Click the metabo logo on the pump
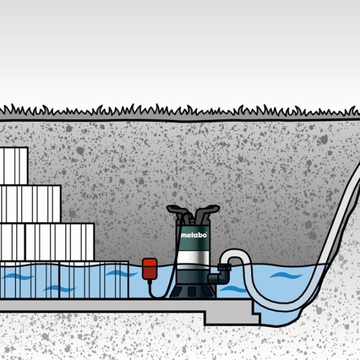click(193, 235)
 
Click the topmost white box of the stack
click(13, 166)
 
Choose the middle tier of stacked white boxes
click(30, 204)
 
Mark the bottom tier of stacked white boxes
click(47, 242)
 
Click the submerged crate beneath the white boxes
click(60, 280)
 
